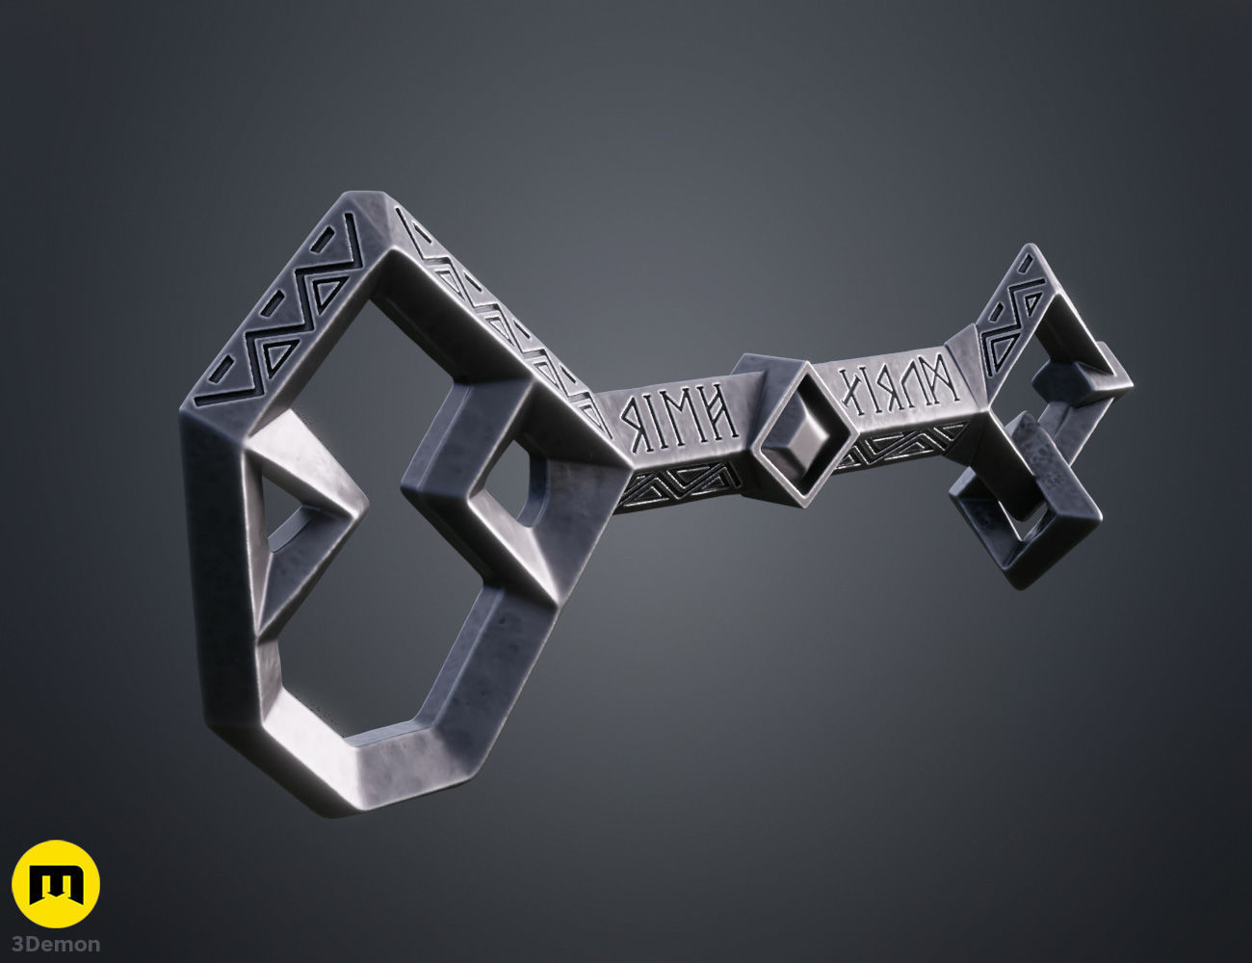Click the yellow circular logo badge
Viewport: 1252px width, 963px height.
pos(55,884)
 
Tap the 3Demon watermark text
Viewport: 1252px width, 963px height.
pos(55,944)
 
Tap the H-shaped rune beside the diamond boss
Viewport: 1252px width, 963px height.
pos(717,412)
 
